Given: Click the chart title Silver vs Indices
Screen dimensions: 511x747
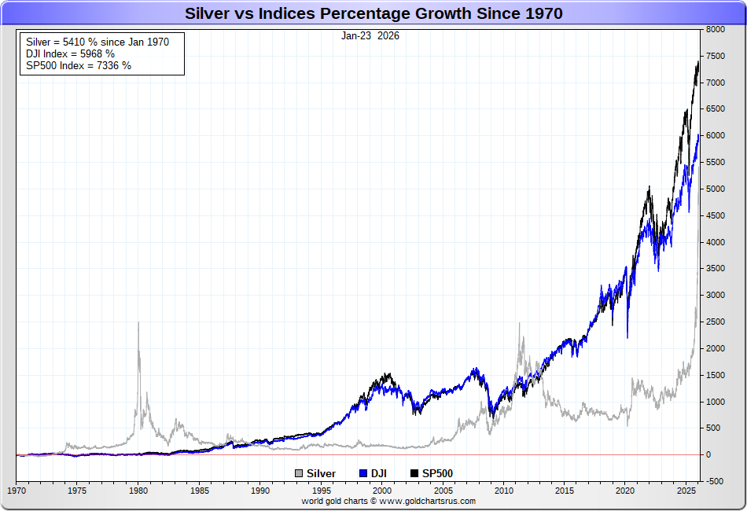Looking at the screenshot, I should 373,13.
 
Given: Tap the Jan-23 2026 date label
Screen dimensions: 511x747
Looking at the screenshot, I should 370,36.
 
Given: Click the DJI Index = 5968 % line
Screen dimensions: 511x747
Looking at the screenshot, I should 71,53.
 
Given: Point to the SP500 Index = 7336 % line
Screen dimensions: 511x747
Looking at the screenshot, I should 79,66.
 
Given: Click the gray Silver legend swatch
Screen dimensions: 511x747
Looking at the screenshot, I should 300,473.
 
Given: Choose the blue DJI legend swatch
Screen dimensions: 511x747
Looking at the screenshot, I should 363,473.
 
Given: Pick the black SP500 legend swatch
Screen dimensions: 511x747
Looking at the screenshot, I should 415,473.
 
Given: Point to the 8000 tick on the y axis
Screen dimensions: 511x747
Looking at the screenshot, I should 716,30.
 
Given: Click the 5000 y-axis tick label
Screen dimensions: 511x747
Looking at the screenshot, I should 716,189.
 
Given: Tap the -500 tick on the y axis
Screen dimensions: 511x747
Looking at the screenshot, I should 716,481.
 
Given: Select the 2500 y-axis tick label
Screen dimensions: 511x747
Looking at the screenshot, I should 716,322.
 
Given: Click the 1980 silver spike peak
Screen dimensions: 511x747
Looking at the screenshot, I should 138,322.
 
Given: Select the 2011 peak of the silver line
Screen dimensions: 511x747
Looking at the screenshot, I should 519,323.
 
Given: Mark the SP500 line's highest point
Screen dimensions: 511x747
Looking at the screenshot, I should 698,61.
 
